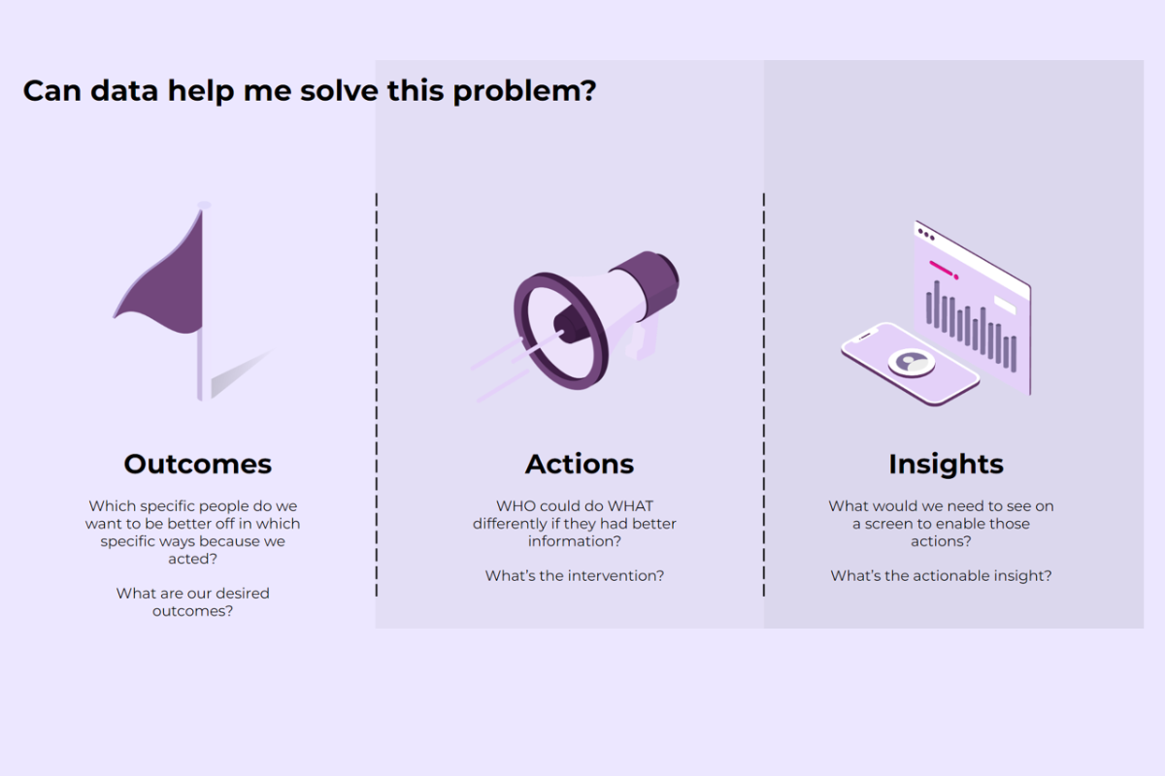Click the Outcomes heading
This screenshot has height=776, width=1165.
198,464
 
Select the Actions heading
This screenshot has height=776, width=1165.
580,464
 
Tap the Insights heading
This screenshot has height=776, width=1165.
946,465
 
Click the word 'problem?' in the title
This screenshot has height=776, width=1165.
524,91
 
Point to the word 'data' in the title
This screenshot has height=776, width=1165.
124,90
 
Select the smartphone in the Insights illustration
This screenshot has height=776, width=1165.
911,364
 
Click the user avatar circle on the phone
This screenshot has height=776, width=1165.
912,362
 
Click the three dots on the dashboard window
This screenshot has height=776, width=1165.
926,235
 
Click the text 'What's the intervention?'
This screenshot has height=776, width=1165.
575,576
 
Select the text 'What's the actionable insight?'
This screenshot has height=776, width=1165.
941,576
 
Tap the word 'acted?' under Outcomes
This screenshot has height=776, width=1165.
192,559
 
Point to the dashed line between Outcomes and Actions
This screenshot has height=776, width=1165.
377,395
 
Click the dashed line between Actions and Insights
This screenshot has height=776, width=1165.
763,395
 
